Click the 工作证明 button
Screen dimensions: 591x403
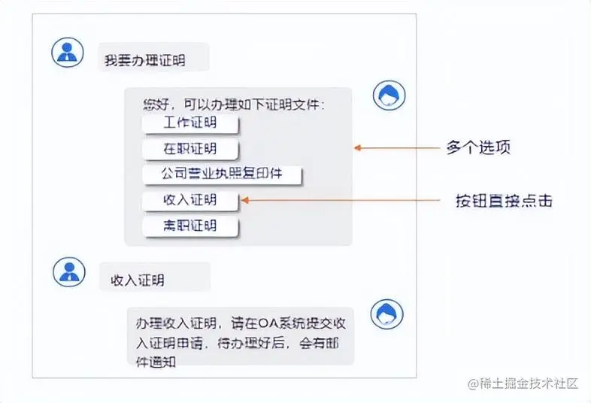coord(189,123)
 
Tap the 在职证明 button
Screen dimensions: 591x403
coord(189,149)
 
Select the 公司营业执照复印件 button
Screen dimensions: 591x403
coord(222,174)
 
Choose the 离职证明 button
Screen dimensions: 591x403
coord(189,226)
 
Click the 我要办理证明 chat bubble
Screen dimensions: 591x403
coord(153,59)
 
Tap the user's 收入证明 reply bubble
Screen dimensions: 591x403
coord(154,280)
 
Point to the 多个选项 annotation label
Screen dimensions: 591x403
coord(478,147)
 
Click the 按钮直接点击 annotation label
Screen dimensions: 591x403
coord(504,201)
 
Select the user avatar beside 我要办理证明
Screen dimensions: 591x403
coord(68,51)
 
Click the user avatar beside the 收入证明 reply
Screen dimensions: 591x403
coord(68,272)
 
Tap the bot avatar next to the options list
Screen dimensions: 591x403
coord(389,95)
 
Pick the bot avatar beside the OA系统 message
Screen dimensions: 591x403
coord(387,313)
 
